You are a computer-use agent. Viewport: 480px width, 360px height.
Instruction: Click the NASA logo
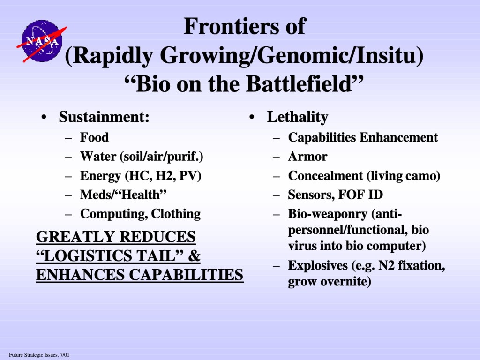(x=42, y=41)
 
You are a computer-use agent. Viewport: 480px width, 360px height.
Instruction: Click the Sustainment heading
(x=104, y=117)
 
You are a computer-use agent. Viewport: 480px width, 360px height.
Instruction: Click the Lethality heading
(x=298, y=117)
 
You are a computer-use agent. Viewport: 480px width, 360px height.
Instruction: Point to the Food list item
(x=94, y=137)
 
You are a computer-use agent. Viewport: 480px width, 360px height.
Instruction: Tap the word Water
(x=98, y=156)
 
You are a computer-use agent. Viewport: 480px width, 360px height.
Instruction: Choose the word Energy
(x=100, y=176)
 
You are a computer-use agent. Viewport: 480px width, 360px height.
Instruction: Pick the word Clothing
(x=176, y=214)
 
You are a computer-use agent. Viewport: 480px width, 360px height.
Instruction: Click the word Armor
(x=307, y=157)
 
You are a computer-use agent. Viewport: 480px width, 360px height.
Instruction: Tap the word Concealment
(x=325, y=175)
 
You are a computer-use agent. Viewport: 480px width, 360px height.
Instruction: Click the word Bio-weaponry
(x=328, y=214)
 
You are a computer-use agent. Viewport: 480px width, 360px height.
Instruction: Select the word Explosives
(x=318, y=265)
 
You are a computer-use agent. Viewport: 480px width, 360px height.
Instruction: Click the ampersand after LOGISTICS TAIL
(x=194, y=255)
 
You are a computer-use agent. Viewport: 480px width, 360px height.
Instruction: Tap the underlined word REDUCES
(x=157, y=237)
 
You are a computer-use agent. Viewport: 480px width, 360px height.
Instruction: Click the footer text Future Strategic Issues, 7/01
(x=39, y=355)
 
